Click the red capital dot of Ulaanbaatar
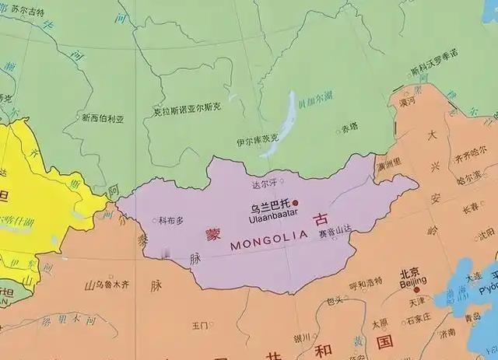pos(296,202)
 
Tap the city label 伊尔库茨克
pos(257,142)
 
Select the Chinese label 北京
pos(412,274)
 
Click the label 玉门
pos(200,325)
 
